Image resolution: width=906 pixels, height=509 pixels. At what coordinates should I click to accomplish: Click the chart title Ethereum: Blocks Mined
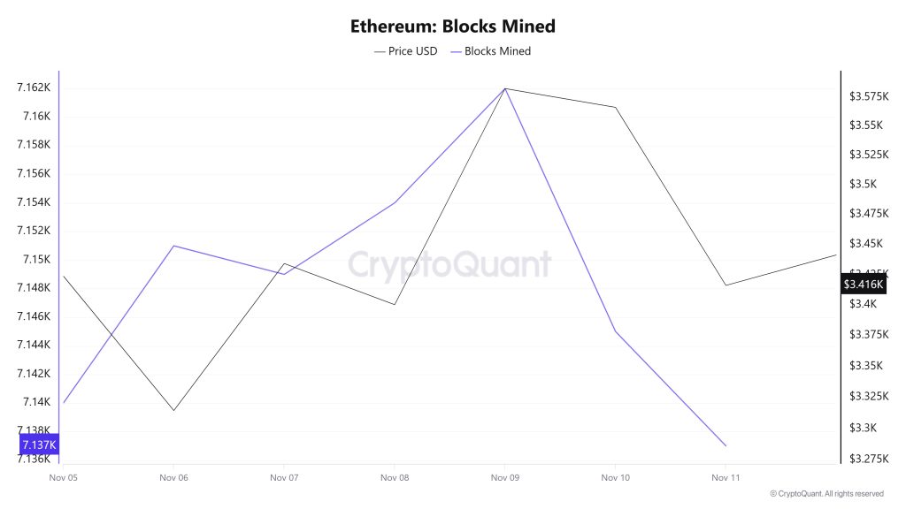[452, 27]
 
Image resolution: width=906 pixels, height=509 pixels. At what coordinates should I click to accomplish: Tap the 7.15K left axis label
[36, 259]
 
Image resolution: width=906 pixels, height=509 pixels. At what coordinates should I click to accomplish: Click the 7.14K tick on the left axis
[36, 402]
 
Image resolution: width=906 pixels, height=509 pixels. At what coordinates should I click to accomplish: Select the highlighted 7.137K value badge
[40, 444]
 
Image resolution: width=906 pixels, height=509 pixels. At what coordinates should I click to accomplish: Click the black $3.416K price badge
[863, 284]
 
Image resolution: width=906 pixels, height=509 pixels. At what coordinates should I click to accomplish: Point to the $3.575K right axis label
[869, 95]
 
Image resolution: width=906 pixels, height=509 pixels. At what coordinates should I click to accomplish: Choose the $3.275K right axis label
[869, 459]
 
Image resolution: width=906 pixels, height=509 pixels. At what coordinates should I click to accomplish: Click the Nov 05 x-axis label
[63, 477]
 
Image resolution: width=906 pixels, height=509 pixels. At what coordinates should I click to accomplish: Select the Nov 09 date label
[504, 477]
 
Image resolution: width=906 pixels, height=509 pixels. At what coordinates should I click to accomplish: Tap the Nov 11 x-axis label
[726, 477]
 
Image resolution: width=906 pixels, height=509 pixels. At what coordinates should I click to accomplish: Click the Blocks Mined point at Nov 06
[173, 246]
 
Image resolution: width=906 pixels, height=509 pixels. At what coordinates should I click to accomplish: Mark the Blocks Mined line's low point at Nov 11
[726, 445]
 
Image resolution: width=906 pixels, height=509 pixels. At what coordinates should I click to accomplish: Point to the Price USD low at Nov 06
[173, 410]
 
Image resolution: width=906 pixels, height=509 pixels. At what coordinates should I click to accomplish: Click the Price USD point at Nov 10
[615, 107]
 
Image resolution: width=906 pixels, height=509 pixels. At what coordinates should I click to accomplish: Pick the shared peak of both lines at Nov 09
[504, 88]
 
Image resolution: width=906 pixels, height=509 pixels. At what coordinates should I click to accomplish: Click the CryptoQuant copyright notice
[826, 493]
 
